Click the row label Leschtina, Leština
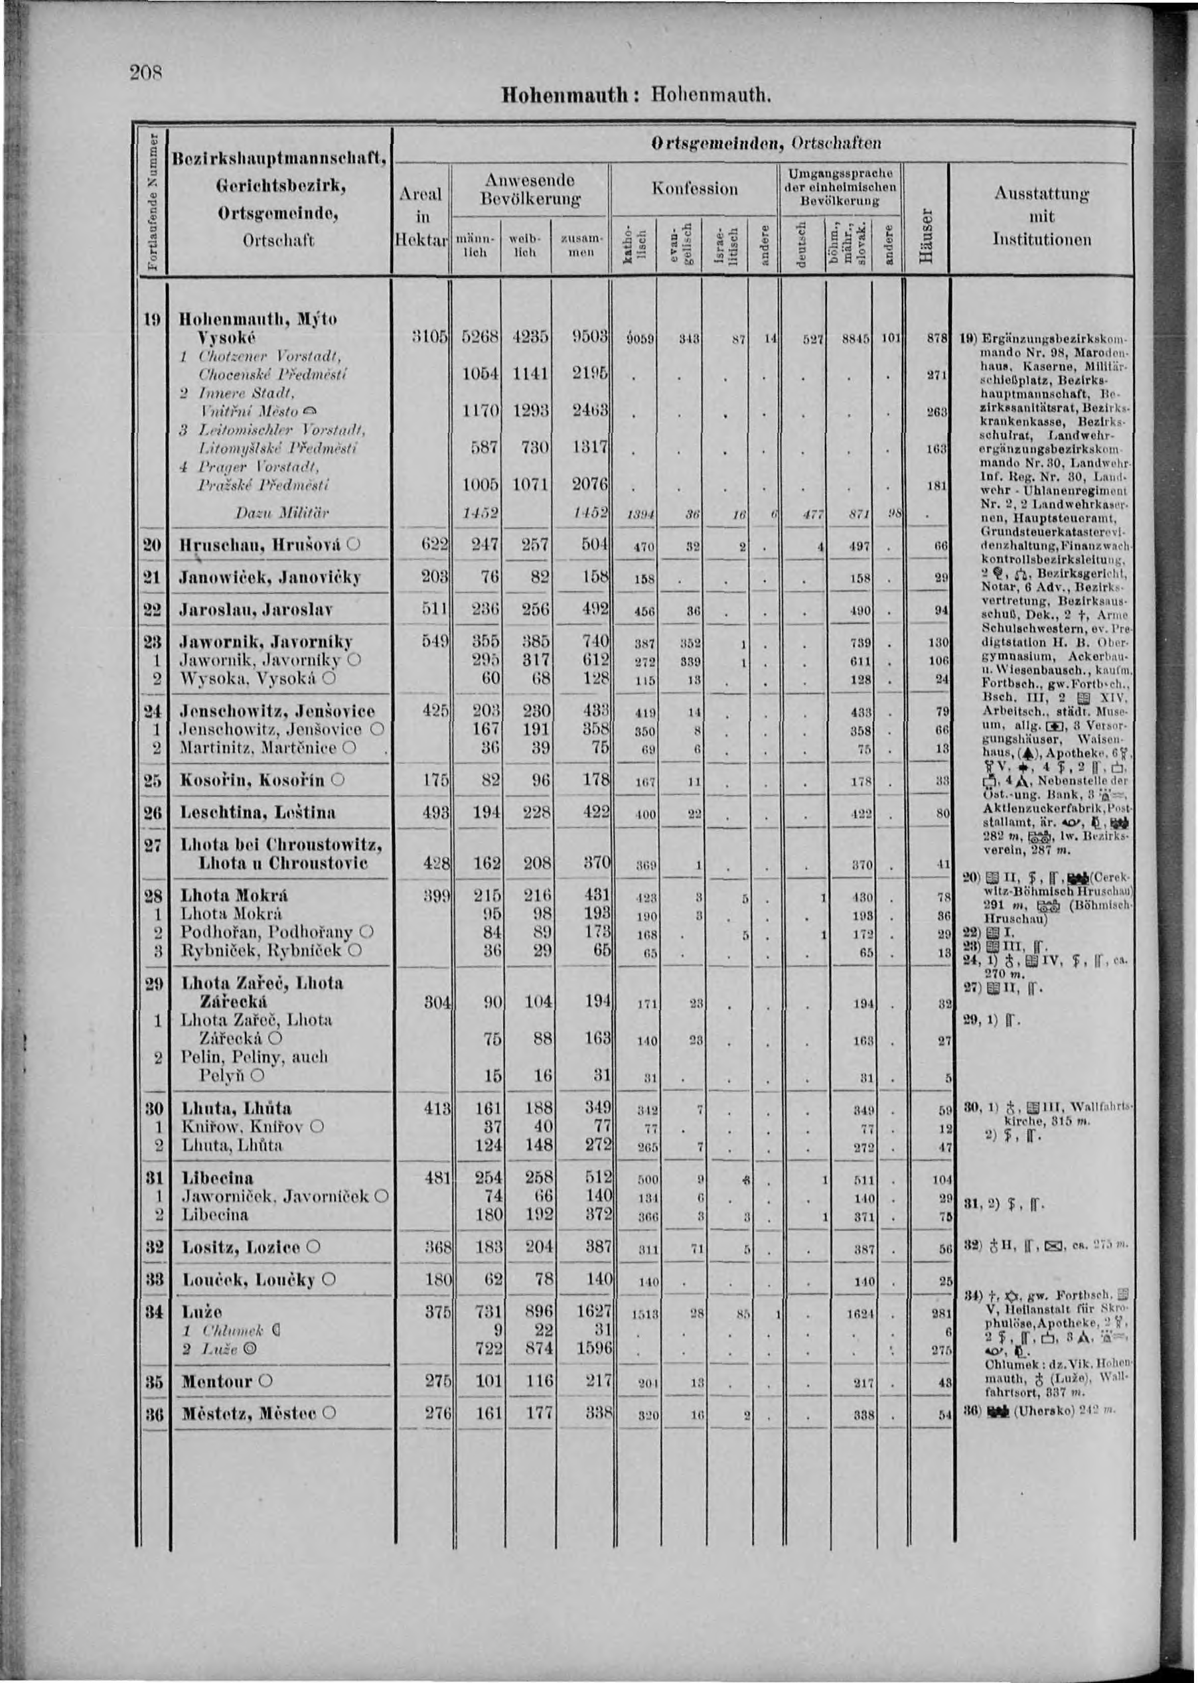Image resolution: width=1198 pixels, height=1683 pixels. [258, 812]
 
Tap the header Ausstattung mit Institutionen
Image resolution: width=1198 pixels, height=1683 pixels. [1041, 216]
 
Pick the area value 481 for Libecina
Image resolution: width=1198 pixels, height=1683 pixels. [437, 1178]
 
